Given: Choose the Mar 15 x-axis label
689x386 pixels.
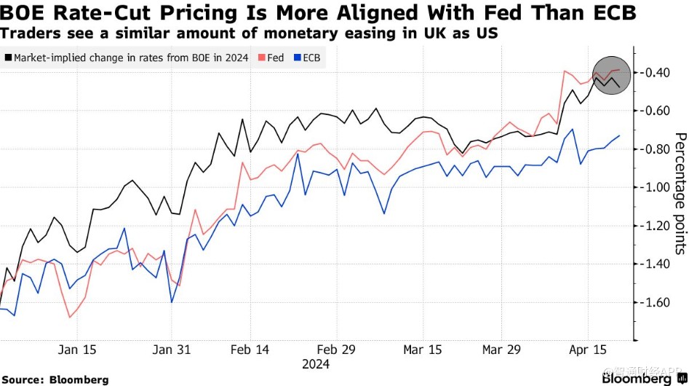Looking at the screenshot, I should [423, 350].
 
